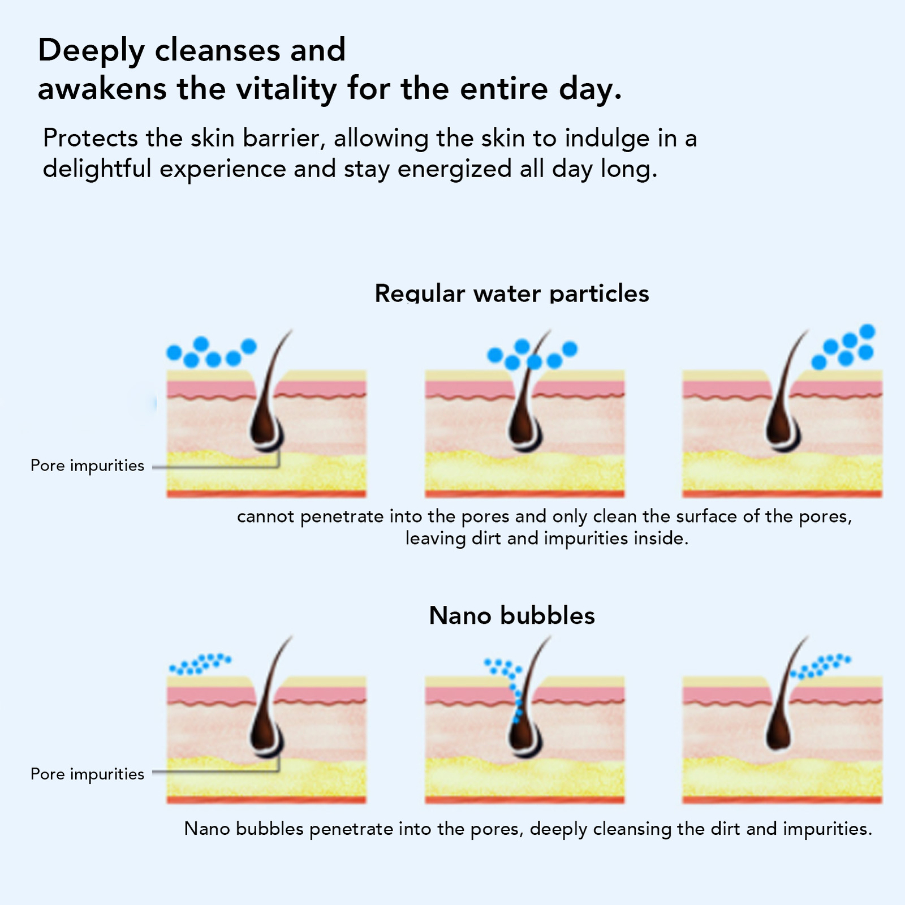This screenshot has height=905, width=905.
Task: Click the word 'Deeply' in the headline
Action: pos(91,51)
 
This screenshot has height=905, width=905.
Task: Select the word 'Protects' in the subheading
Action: pos(90,139)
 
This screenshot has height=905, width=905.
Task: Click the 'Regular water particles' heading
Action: pos(511,294)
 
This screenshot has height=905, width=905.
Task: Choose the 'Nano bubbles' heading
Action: pos(511,615)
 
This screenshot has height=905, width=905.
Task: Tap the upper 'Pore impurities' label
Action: pos(87,466)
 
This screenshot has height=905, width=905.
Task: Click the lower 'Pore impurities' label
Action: pos(87,774)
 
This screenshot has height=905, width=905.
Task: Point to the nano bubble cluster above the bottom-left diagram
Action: pos(200,664)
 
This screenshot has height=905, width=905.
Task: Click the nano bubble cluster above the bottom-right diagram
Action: pos(820,666)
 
